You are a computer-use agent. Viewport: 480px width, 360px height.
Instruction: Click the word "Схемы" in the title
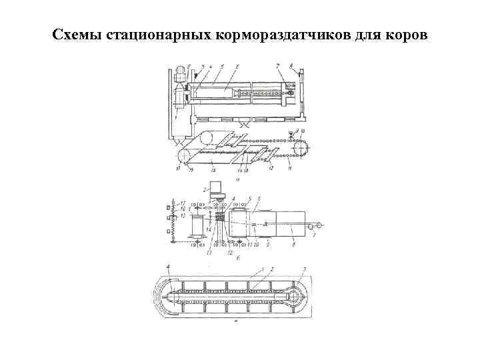click(x=77, y=34)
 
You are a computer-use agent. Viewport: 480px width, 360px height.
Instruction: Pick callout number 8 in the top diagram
click(x=291, y=65)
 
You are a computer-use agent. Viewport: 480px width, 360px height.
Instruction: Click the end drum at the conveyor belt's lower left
click(x=184, y=155)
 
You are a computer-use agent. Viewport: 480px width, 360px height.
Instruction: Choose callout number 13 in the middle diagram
click(x=208, y=253)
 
